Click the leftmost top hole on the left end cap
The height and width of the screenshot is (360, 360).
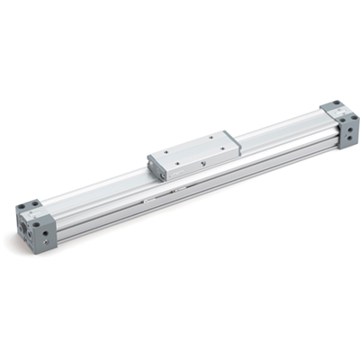[22, 207]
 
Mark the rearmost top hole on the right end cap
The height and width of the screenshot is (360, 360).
[337, 103]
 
